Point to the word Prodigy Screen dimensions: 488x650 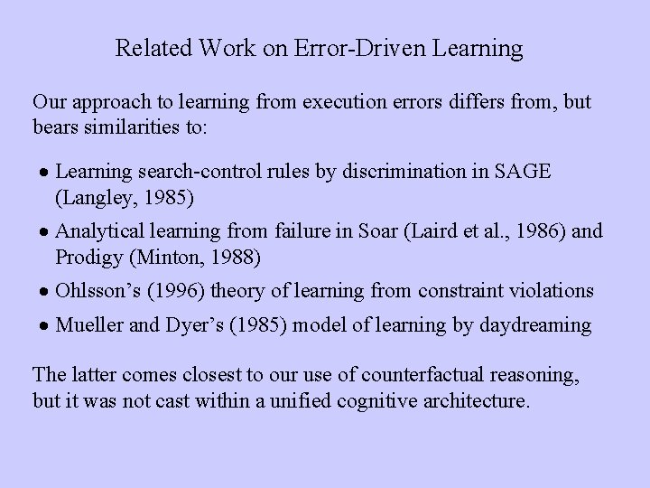[87, 257]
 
